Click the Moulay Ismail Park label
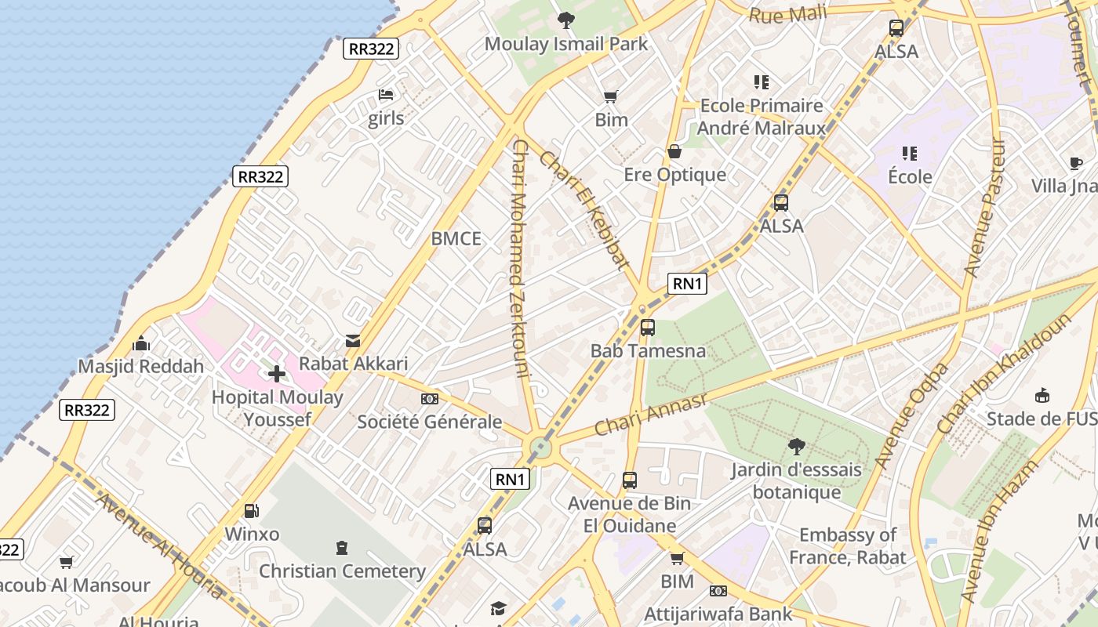pyautogui.click(x=566, y=44)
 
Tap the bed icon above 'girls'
pyautogui.click(x=386, y=95)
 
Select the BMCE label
pyautogui.click(x=456, y=239)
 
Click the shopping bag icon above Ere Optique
pyautogui.click(x=674, y=151)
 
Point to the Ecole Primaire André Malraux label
pyautogui.click(x=762, y=117)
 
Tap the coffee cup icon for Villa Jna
pyautogui.click(x=1076, y=163)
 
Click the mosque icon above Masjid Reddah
pyautogui.click(x=141, y=343)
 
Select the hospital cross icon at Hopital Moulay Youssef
pyautogui.click(x=277, y=374)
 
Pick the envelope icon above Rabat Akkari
pyautogui.click(x=353, y=341)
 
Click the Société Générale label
pyautogui.click(x=430, y=422)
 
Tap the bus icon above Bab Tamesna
pyautogui.click(x=648, y=328)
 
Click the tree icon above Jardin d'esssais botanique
pyautogui.click(x=796, y=447)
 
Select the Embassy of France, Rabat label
pyautogui.click(x=847, y=546)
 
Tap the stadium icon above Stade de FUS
pyautogui.click(x=1042, y=395)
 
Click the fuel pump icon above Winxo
pyautogui.click(x=252, y=511)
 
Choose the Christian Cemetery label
pyautogui.click(x=343, y=571)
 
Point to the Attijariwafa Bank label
pyautogui.click(x=718, y=614)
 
